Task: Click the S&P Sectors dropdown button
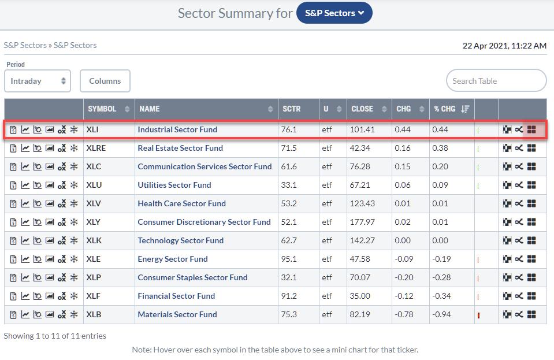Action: (x=334, y=13)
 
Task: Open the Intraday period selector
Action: (x=38, y=81)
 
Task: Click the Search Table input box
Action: (x=496, y=81)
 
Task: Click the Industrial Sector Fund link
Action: (x=177, y=129)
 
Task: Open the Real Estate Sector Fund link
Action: (x=180, y=148)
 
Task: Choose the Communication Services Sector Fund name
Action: (x=205, y=166)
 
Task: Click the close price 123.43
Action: (x=362, y=203)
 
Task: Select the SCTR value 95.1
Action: (x=289, y=259)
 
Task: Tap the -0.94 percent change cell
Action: (x=441, y=314)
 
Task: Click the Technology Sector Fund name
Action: (x=180, y=240)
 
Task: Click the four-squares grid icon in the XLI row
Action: (x=531, y=130)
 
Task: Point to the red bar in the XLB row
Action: (x=479, y=315)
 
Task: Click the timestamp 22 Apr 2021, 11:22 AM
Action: (x=504, y=45)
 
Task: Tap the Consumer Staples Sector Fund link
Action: (x=192, y=277)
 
